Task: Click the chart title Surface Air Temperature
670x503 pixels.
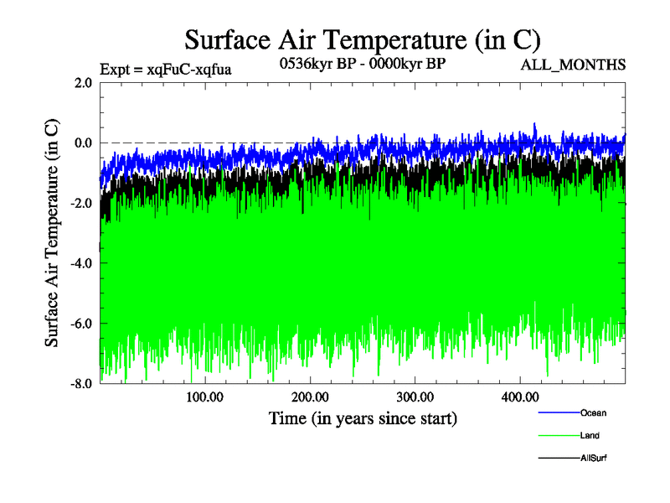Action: (x=362, y=40)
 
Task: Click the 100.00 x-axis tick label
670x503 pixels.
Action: (x=204, y=397)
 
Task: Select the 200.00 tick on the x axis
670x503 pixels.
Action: (x=309, y=397)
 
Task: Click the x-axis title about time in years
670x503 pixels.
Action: (x=363, y=417)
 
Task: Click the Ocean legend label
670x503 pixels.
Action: (x=593, y=413)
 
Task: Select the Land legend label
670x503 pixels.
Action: (x=590, y=436)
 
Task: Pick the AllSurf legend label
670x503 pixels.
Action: (x=594, y=459)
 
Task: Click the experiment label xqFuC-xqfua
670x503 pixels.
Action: (x=165, y=70)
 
